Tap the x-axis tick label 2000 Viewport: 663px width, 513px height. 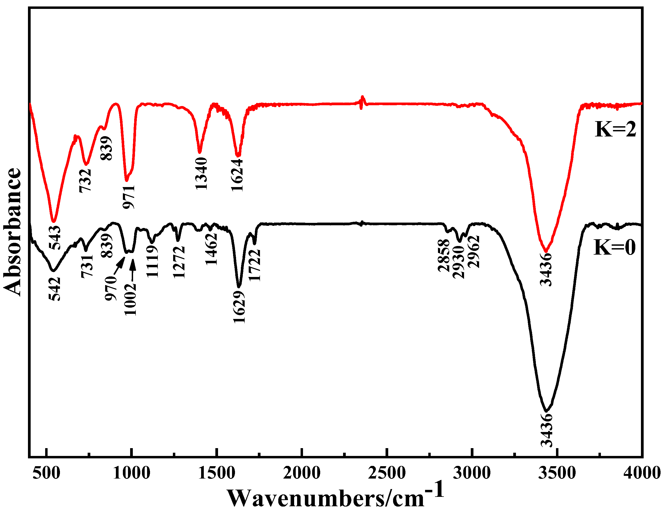point(302,473)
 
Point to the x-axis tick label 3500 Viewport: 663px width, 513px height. point(557,473)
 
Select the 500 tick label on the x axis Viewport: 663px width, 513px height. point(46,473)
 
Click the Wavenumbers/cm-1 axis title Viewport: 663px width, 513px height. point(335,497)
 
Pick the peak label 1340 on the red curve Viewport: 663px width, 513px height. point(201,174)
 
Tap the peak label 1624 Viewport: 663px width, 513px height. point(237,175)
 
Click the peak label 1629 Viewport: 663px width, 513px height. point(239,307)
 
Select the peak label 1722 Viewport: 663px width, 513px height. point(254,265)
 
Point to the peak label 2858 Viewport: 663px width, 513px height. point(444,255)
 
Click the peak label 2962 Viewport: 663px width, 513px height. point(473,252)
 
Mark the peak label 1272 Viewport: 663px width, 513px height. point(179,262)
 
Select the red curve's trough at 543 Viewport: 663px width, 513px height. point(54,221)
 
